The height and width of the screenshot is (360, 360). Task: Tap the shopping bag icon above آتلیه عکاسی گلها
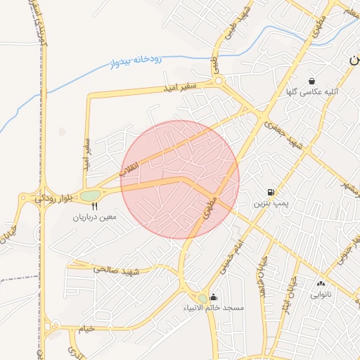point(311,81)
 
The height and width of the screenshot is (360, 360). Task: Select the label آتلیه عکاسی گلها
point(312,92)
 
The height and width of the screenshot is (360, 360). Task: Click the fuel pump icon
point(271,192)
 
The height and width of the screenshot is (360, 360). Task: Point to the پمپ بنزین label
point(271,203)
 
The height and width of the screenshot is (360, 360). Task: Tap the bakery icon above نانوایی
point(321,283)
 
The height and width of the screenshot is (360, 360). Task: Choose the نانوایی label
point(321,295)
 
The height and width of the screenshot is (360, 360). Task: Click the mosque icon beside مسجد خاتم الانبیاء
point(214,297)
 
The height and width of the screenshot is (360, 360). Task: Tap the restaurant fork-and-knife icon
point(95,206)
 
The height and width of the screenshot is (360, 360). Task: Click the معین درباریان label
point(98,217)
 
